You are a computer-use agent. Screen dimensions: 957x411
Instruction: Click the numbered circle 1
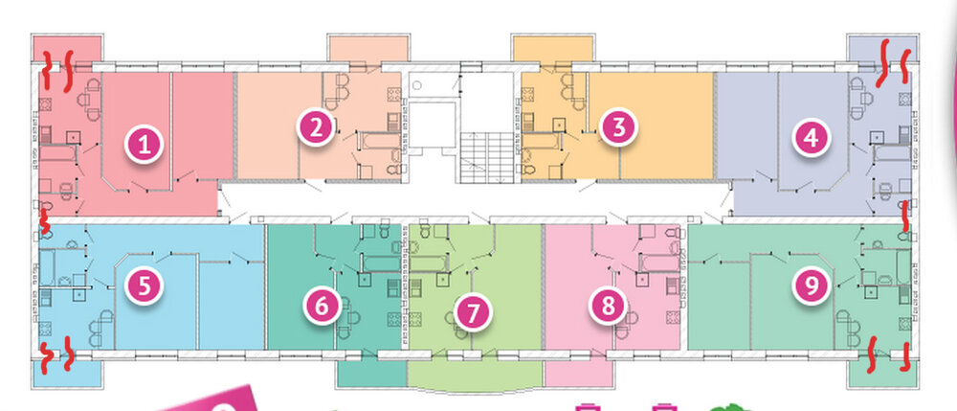click(145, 145)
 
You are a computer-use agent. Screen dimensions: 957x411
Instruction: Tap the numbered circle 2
click(316, 127)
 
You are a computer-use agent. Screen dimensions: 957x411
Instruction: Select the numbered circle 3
click(619, 128)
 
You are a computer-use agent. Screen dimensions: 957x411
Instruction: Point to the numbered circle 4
click(812, 138)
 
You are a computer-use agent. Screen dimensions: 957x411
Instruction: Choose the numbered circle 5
click(145, 285)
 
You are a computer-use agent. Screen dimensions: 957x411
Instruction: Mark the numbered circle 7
click(473, 312)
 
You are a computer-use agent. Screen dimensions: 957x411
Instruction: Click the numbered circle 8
click(608, 306)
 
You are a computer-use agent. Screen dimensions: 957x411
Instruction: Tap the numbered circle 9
click(812, 285)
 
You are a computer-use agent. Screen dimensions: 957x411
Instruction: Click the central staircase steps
click(486, 157)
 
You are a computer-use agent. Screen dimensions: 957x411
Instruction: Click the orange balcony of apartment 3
click(553, 49)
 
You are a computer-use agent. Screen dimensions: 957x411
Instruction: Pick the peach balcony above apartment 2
click(368, 49)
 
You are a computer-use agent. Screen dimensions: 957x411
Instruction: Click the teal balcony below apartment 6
click(371, 374)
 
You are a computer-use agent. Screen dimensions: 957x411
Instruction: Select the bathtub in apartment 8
click(658, 263)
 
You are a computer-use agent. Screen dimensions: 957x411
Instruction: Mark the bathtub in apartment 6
click(381, 263)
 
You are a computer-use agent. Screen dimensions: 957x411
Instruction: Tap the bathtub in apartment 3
click(542, 142)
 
